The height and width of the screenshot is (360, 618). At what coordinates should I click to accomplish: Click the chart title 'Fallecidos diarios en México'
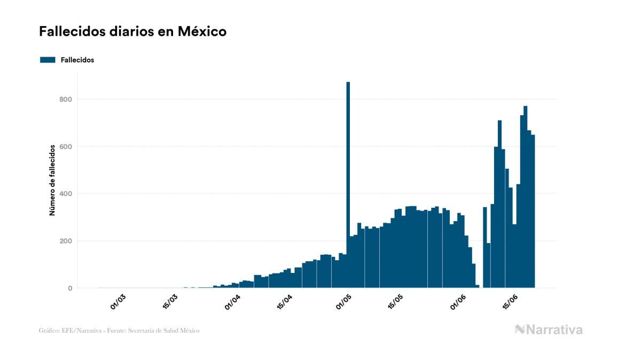coord(132,32)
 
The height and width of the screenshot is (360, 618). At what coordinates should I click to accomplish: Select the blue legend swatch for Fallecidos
coord(48,60)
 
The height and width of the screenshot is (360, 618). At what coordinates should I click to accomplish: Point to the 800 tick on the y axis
coord(66,99)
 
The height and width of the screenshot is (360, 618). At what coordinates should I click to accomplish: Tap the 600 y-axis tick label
coord(66,146)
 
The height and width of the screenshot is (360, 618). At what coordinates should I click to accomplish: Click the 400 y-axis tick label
coord(66,193)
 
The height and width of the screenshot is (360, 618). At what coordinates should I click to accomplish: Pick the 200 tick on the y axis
coord(66,241)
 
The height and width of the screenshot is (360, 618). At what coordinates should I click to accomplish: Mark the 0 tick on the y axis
coord(69,288)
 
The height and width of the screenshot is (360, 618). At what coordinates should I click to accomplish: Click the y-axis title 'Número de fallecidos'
coord(52,179)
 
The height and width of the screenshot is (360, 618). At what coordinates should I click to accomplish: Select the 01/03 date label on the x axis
coord(118,302)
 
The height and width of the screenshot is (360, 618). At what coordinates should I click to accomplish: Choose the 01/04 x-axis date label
coord(232,302)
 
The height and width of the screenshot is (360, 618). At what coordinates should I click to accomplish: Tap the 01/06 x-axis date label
coord(459,302)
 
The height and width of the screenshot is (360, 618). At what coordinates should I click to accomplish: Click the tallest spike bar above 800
coord(348,160)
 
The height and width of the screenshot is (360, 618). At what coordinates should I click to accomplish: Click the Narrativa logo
coord(549,330)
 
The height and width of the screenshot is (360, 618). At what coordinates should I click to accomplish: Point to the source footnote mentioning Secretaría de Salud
coord(119,331)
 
